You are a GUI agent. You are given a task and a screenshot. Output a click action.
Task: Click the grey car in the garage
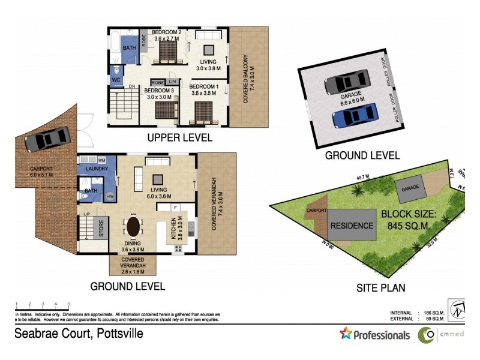pyautogui.click(x=347, y=82)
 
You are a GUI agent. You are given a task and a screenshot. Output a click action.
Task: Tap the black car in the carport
pyautogui.click(x=46, y=140)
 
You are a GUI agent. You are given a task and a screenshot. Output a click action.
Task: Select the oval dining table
pyautogui.click(x=134, y=228)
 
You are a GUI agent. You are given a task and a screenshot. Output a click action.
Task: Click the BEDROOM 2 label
pyautogui.click(x=166, y=32)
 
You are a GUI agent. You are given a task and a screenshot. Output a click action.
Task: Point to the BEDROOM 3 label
pyautogui.click(x=160, y=91)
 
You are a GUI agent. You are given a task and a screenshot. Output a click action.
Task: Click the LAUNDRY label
pyautogui.click(x=97, y=169)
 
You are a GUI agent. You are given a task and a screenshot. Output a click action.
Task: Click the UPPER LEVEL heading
pyautogui.click(x=179, y=137)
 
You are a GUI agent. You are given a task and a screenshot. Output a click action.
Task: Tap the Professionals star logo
pyautogui.click(x=346, y=334)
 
